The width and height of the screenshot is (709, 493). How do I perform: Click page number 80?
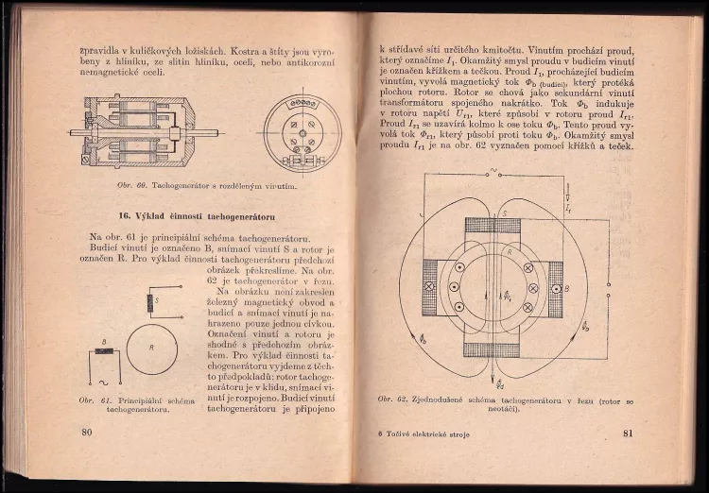click(x=86, y=433)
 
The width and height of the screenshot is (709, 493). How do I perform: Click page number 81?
click(x=627, y=433)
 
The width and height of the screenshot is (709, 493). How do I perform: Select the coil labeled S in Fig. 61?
click(x=150, y=302)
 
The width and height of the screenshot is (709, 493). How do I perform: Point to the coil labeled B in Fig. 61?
click(x=105, y=350)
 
